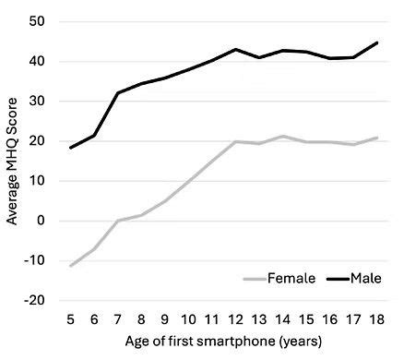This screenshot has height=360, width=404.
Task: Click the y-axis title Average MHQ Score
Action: (13, 159)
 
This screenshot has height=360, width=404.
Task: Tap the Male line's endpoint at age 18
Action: (378, 42)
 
